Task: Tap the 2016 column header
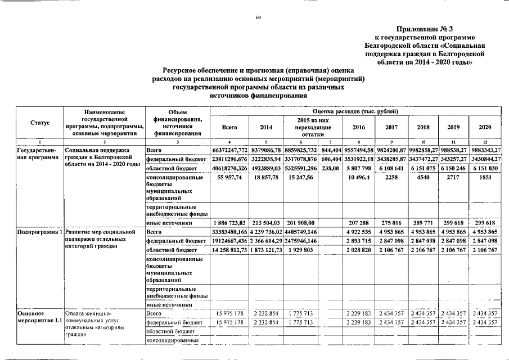[x=358, y=127]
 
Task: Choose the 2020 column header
[x=485, y=127]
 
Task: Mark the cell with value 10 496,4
[x=358, y=178]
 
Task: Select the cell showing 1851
[x=485, y=178]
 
